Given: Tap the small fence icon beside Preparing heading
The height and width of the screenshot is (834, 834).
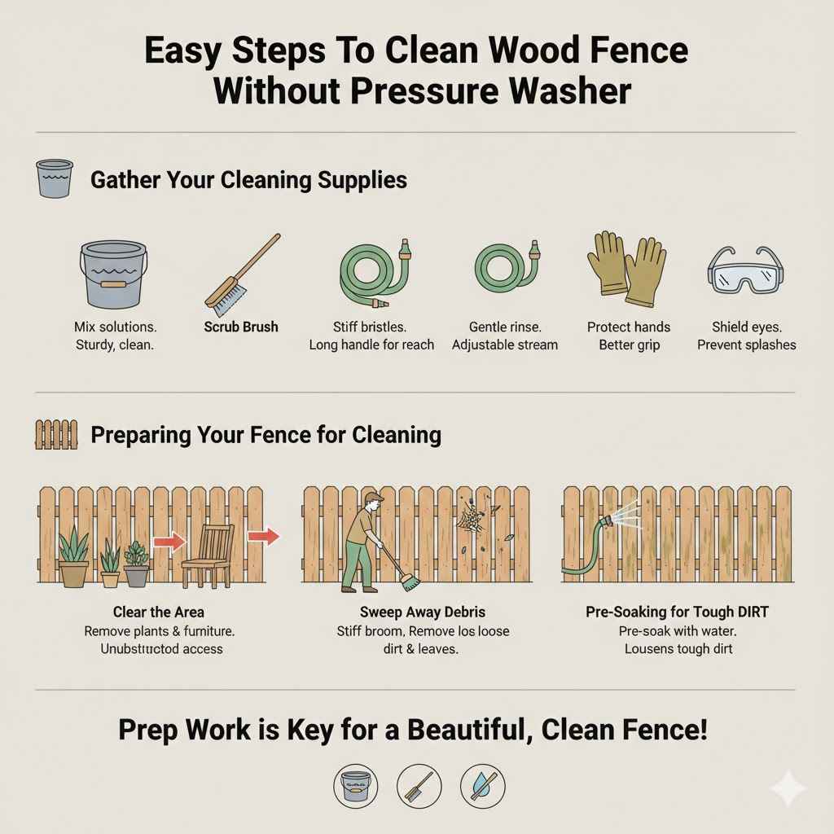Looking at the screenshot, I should pyautogui.click(x=56, y=434).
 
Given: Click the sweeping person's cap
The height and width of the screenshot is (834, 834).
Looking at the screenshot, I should pyautogui.click(x=374, y=498).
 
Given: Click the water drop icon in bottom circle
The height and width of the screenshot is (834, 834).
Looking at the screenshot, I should pyautogui.click(x=482, y=785).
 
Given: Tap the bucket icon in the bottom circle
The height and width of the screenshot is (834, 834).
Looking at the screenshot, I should pyautogui.click(x=355, y=785).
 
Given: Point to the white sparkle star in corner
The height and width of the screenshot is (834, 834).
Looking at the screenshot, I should pyautogui.click(x=788, y=788).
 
